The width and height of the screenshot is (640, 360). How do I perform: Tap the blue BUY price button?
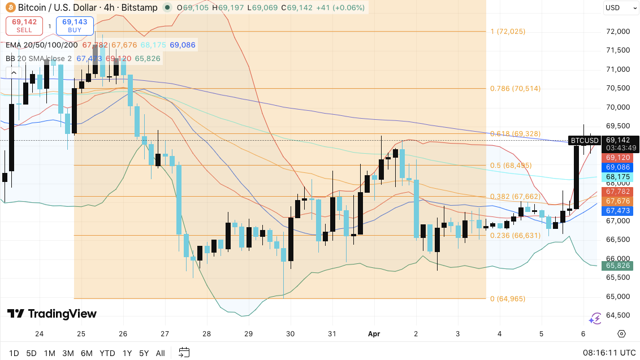pyautogui.click(x=75, y=25)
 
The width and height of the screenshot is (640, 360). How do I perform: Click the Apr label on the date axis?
pyautogui.click(x=374, y=334)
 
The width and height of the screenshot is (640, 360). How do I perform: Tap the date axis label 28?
pyautogui.click(x=207, y=334)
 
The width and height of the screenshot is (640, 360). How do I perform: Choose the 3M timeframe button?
pyautogui.click(x=68, y=353)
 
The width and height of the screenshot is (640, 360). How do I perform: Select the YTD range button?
pyautogui.click(x=107, y=353)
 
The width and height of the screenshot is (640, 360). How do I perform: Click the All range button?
pyautogui.click(x=160, y=353)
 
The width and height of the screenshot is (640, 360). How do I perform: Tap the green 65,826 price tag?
pyautogui.click(x=618, y=265)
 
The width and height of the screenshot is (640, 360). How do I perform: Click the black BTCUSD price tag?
pyautogui.click(x=584, y=140)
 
